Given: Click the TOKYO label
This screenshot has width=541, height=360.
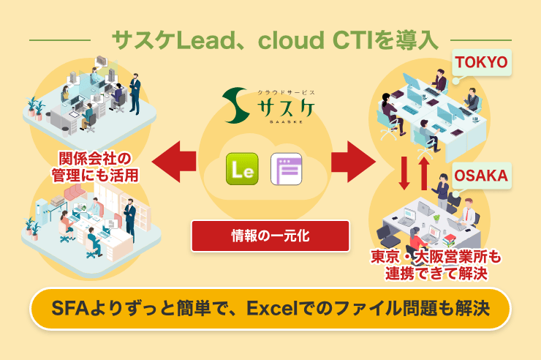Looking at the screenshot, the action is (482, 62).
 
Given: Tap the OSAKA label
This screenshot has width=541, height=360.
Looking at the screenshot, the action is (482, 176).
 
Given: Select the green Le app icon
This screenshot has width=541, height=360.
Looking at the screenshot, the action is (242, 169).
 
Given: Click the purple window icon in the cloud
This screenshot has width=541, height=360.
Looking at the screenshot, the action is (287, 169).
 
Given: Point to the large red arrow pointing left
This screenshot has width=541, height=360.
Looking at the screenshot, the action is (173, 161).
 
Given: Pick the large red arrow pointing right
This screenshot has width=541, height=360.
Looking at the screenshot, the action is (353, 161).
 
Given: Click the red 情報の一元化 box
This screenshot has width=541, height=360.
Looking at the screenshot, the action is (270, 236).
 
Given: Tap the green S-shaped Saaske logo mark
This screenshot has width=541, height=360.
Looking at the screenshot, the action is (235, 105).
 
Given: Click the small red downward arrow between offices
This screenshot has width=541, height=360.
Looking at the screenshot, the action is (404, 173).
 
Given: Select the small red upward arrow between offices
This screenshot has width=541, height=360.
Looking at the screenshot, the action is (424, 173).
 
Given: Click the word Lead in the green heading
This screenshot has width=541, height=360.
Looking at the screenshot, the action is (209, 40).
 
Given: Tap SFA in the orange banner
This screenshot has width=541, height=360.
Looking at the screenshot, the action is (70, 309).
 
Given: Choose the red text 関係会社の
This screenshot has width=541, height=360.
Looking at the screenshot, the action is (95, 159).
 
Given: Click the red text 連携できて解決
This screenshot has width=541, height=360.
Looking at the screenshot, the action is (436, 274).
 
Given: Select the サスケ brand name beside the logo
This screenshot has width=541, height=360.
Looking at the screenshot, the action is (286, 108).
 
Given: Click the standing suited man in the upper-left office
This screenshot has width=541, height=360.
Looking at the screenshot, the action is (135, 94).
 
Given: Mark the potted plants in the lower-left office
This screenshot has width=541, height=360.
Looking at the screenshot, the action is (32, 228).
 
